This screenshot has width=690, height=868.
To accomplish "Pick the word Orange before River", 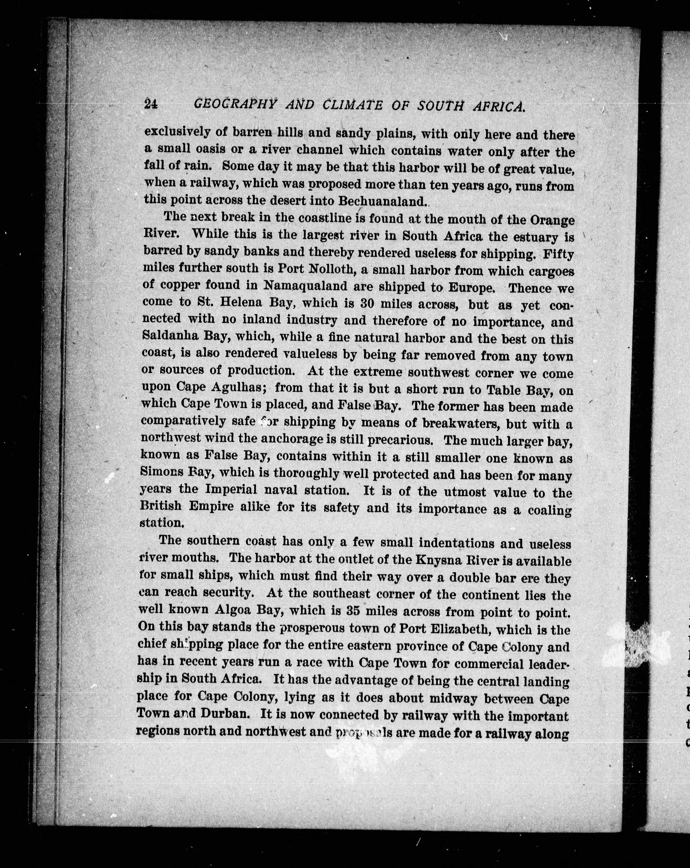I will tap(552, 221).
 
